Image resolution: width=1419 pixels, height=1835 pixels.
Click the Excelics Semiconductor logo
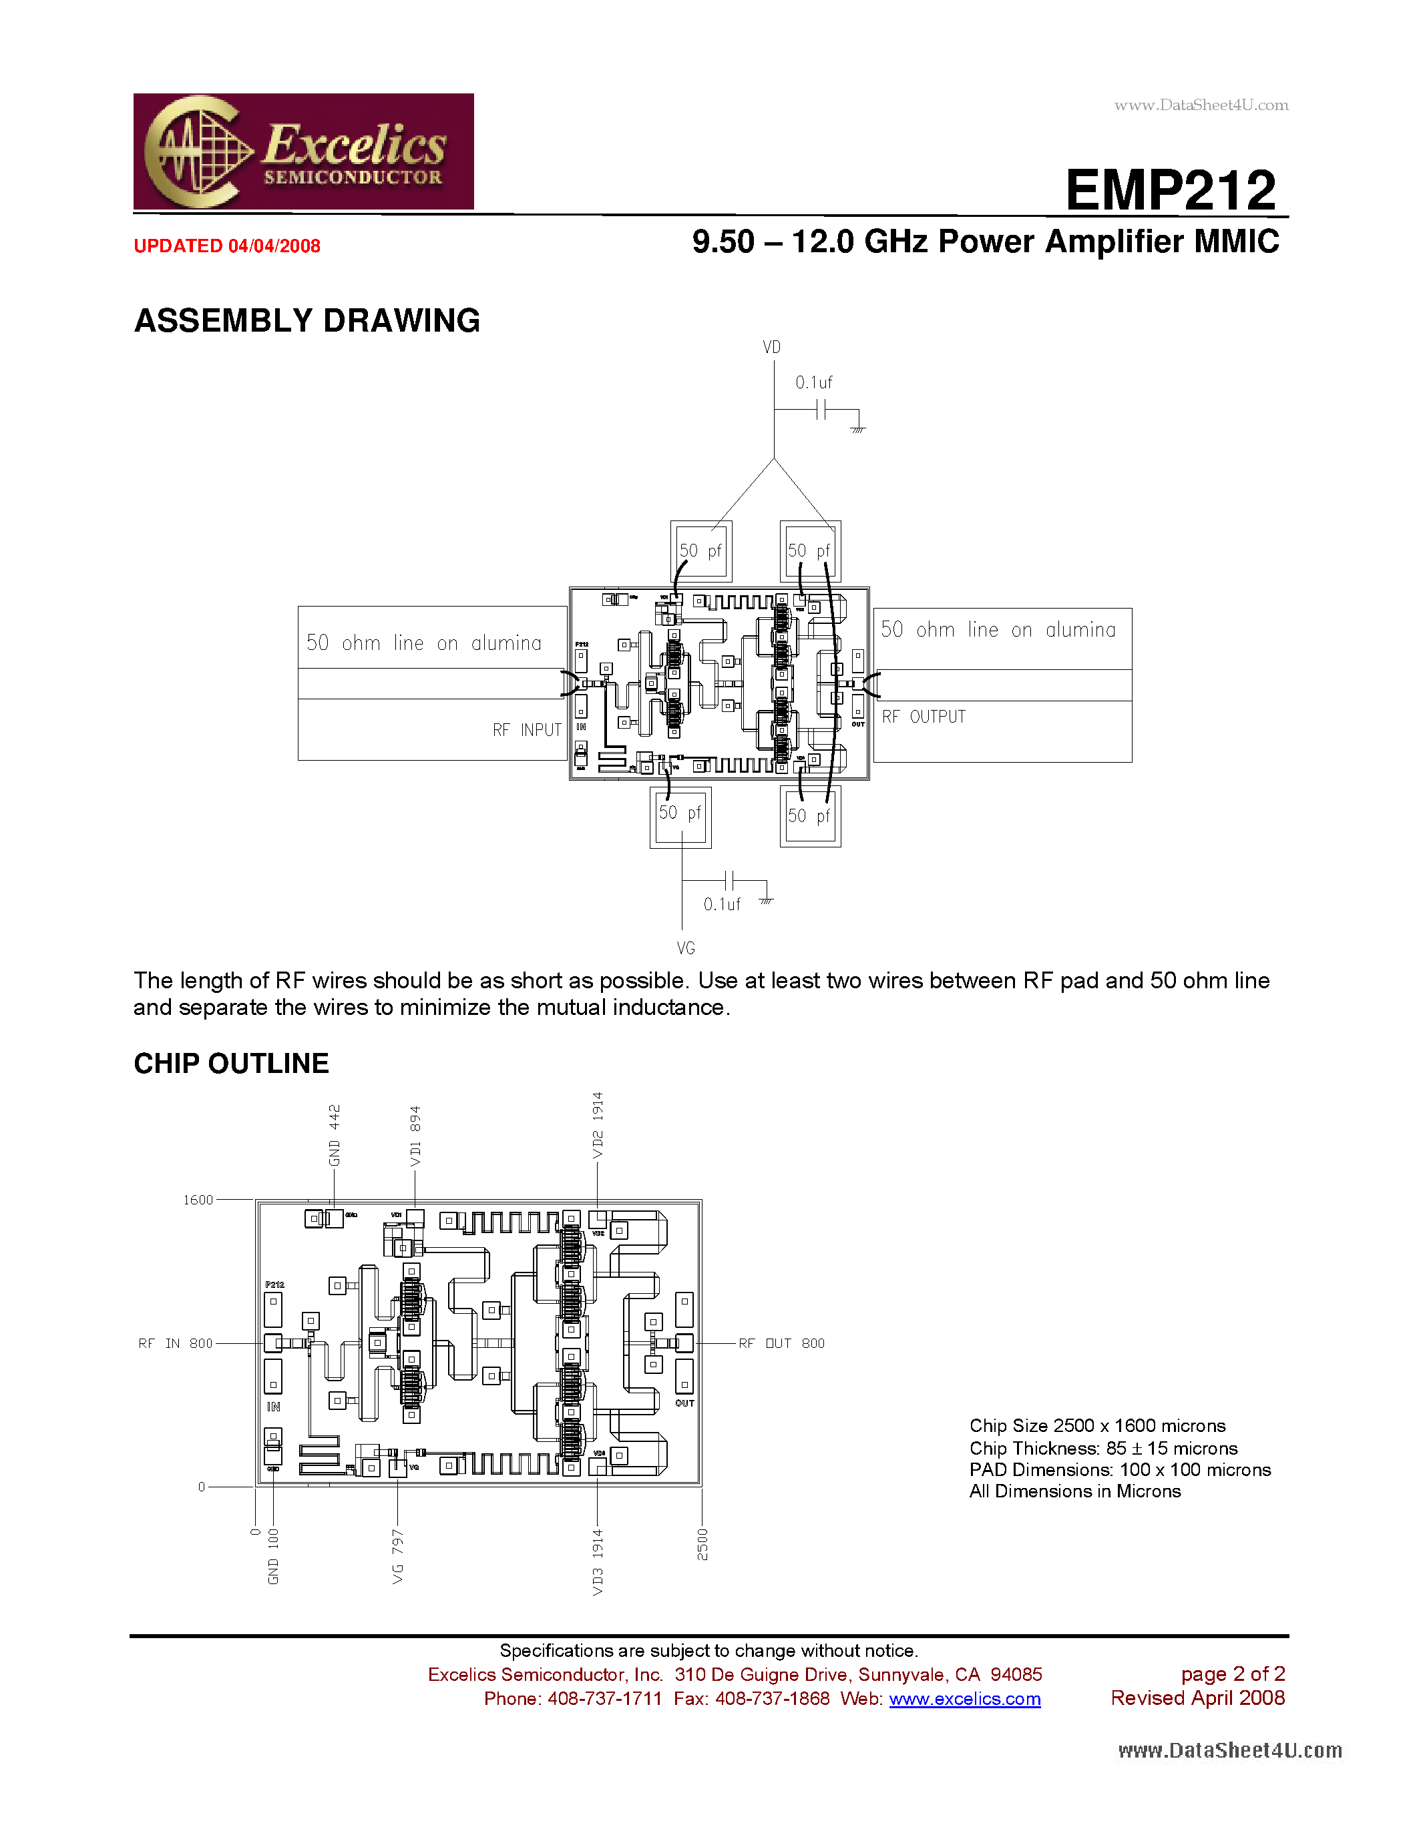click(x=303, y=151)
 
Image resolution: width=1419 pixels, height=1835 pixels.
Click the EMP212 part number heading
click(x=1171, y=190)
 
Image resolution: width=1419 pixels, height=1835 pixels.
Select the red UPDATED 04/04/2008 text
click(x=227, y=246)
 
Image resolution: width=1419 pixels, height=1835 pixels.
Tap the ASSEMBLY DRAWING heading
click(x=307, y=321)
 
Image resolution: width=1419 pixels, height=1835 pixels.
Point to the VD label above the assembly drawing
click(x=772, y=347)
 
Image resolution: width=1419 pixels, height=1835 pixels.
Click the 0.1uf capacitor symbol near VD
click(x=821, y=410)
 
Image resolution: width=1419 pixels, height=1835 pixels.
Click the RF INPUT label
click(x=527, y=730)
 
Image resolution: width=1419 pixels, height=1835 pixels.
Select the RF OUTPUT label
click(x=924, y=717)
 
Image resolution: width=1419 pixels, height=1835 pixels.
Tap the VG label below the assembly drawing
click(x=686, y=948)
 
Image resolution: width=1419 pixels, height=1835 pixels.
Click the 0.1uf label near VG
click(x=722, y=904)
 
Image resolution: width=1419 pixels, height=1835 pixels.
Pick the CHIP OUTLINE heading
click(x=231, y=1064)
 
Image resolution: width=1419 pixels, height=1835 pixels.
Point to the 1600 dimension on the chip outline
click(x=198, y=1200)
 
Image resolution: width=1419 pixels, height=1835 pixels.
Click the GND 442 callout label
click(x=335, y=1135)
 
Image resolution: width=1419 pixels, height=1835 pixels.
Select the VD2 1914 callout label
click(x=598, y=1125)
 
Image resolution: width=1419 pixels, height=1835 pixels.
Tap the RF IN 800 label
click(x=176, y=1343)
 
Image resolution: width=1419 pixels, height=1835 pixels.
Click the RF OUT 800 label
click(x=782, y=1343)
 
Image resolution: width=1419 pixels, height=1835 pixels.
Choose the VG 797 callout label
click(x=397, y=1557)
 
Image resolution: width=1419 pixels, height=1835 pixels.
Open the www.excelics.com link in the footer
click(x=964, y=1699)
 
